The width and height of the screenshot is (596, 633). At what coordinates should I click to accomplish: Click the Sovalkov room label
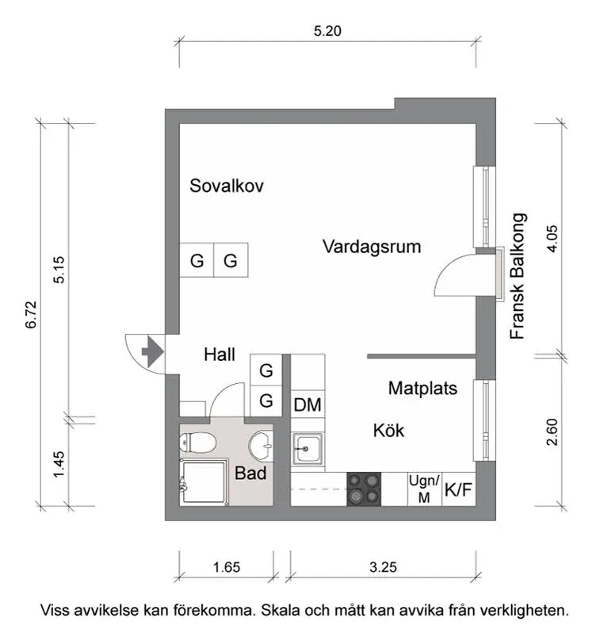point(227,186)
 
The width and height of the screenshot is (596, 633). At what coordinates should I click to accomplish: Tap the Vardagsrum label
point(372,247)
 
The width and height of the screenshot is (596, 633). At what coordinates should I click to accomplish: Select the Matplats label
point(422,389)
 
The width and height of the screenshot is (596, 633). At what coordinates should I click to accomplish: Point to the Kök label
point(388,431)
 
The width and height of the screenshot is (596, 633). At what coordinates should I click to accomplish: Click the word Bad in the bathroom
point(250,474)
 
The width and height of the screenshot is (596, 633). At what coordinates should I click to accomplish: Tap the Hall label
point(220,355)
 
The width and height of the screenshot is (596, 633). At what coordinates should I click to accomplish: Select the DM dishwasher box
point(308,405)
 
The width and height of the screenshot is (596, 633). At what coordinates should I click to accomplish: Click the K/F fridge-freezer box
point(458,489)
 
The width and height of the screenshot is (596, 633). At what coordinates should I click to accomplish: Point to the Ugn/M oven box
point(422,489)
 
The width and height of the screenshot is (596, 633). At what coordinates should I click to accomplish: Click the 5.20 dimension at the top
point(328,32)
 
